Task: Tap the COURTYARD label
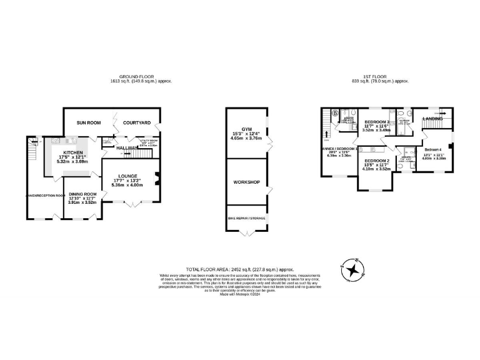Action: (136, 122)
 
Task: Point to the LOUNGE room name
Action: (127, 176)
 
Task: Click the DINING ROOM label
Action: (82, 194)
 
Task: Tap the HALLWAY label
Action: (127, 148)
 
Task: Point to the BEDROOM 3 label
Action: (377, 122)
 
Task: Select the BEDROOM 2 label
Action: (376, 161)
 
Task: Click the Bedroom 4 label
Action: (433, 150)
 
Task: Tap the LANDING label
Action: (432, 118)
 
